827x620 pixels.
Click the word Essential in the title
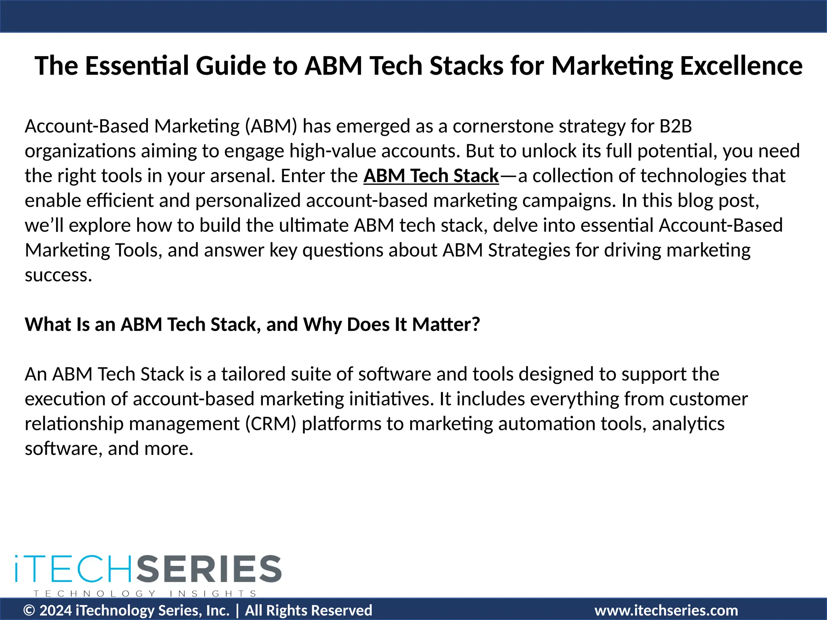click(x=137, y=65)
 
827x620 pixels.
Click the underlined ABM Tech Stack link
click(x=431, y=176)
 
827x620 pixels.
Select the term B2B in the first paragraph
click(x=676, y=126)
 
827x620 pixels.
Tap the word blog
click(x=694, y=201)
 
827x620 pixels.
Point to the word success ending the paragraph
click(x=58, y=275)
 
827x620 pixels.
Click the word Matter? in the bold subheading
click(x=446, y=325)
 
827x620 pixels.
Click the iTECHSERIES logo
click(x=148, y=569)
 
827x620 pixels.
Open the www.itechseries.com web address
click(x=666, y=610)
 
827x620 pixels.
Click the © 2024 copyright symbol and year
click(x=48, y=610)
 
